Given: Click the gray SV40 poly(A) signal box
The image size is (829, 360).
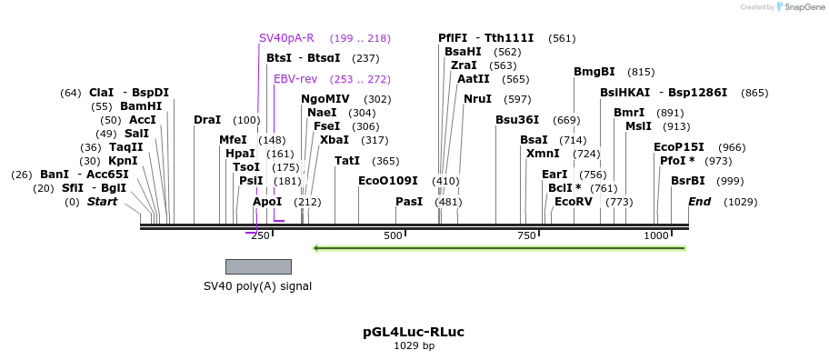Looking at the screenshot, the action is pos(258,266).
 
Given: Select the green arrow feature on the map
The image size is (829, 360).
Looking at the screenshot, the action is pos(498,247).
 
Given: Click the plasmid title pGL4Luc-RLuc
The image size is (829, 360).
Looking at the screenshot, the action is pos(414,332).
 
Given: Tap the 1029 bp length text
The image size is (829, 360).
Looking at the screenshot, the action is pos(414,346).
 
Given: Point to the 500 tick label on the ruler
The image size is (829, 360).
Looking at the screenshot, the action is pos(393,235).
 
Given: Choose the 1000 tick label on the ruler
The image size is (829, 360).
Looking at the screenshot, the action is pos(656,235).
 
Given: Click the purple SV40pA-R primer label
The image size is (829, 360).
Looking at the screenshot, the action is pos(286,38).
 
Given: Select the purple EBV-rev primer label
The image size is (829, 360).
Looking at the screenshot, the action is pos(295,79).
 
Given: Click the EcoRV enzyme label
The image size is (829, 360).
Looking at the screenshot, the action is pos(574,202).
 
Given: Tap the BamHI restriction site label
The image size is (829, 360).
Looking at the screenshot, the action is pos(141,106).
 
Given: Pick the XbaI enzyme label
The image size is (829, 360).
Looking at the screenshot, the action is pos(335,140).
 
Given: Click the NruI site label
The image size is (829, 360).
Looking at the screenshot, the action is pos(477,99).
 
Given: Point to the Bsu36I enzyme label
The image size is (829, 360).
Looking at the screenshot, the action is pos(517,120).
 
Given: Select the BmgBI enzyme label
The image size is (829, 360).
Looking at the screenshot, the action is pos(594,72).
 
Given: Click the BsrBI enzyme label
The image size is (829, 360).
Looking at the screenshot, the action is pos(688,181).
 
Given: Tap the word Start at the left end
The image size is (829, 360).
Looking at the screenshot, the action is pos(103,202).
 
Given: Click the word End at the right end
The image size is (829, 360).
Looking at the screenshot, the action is pos(700,202).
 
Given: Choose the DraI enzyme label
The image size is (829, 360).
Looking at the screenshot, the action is pos(207,120).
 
